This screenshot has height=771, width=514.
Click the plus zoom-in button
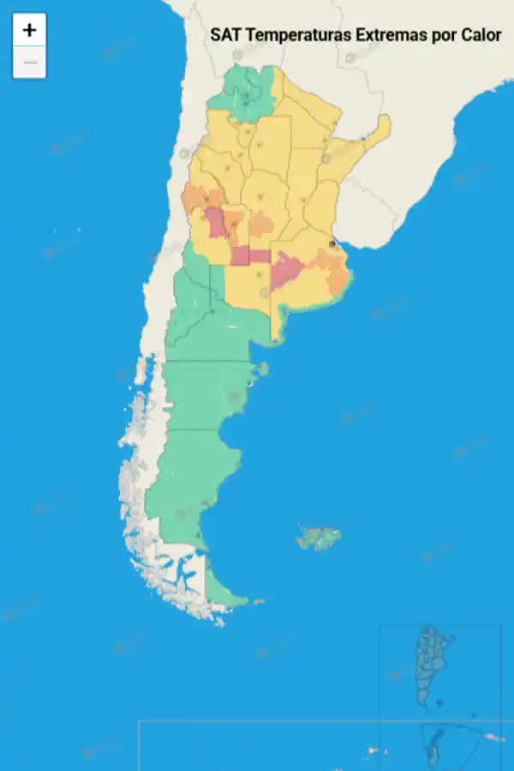(29, 30)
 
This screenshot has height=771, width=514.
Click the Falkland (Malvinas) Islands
(319, 538)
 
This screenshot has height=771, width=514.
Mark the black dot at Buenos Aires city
(332, 244)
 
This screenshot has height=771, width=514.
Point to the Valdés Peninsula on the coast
(262, 369)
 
